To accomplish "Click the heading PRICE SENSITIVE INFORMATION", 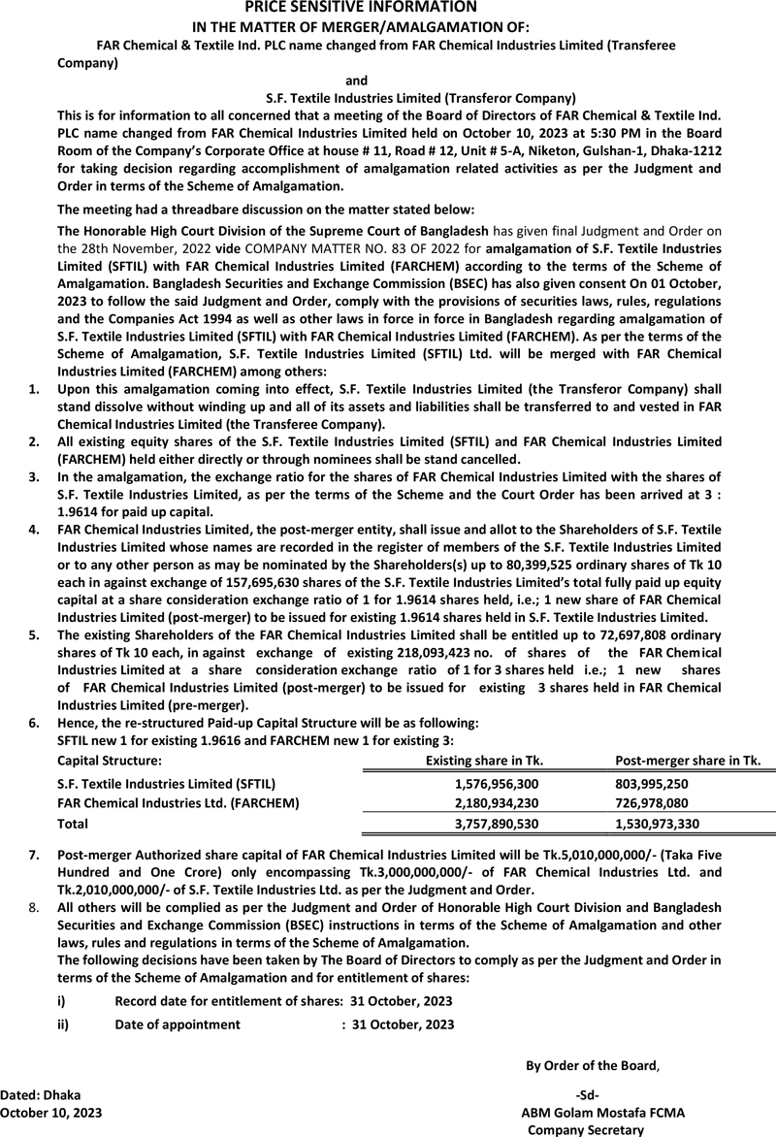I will tap(387, 8).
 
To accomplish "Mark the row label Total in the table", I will tap(73, 824).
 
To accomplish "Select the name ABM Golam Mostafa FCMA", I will tap(602, 1113).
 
